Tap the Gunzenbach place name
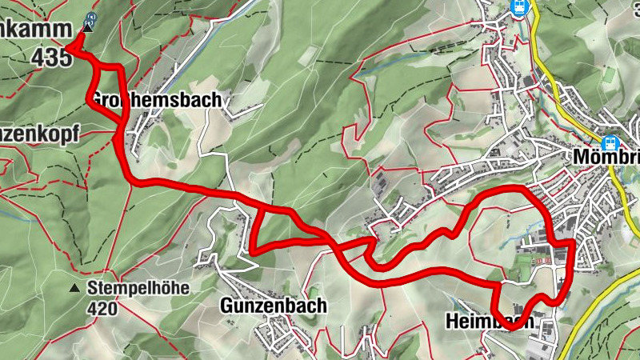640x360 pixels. [x=273, y=306]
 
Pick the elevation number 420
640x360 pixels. [x=103, y=309]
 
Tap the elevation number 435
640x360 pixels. [x=53, y=58]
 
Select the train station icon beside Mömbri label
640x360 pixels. [x=611, y=143]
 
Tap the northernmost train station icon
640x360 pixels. [x=519, y=7]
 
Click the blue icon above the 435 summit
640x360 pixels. [x=91, y=16]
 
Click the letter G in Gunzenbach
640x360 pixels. [x=226, y=306]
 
